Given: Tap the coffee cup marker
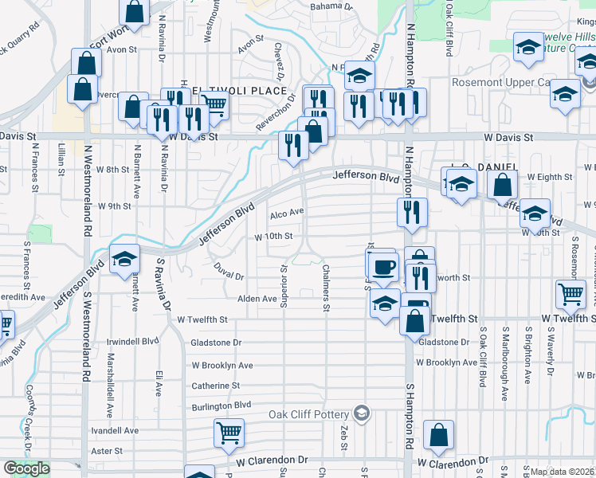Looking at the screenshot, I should pyautogui.click(x=382, y=266).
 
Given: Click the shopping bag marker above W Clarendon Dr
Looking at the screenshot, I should pyautogui.click(x=438, y=436).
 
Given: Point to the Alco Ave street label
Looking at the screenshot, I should pyautogui.click(x=287, y=213).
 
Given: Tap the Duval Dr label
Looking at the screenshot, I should pyautogui.click(x=228, y=276).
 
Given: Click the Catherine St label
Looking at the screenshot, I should pyautogui.click(x=216, y=386).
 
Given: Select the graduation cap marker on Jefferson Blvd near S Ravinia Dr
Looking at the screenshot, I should pyautogui.click(x=124, y=259).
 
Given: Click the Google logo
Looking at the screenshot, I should pyautogui.click(x=26, y=468).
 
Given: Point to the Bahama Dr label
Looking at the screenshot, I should pyautogui.click(x=331, y=6).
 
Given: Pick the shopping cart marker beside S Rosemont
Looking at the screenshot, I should pyautogui.click(x=571, y=293).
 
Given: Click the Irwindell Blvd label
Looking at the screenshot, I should pyautogui.click(x=133, y=341).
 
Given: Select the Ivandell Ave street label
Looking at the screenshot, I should pyautogui.click(x=116, y=430).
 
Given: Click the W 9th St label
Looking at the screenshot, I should pyautogui.click(x=114, y=206).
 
